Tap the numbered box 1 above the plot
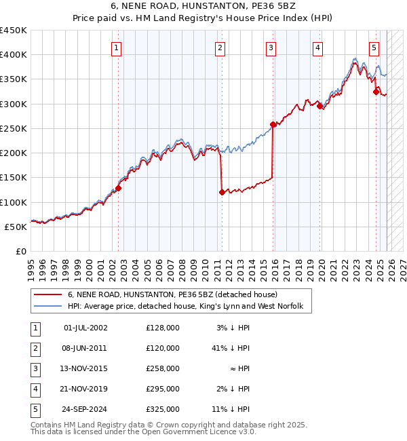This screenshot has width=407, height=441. coord(117,47)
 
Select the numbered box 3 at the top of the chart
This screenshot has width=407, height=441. coord(271,47)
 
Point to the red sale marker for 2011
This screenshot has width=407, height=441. coord(222,192)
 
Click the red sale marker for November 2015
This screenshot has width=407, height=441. coord(273,124)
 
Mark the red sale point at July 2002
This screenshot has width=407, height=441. coord(118,189)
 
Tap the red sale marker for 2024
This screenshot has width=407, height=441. coord(376,92)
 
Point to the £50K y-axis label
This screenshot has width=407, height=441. coord(16,227)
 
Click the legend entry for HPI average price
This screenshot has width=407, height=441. coord(189,307)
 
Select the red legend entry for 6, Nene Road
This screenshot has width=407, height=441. coord(172,295)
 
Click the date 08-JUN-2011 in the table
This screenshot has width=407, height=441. coord(85,348)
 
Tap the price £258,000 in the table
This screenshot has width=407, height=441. coord(163,368)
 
